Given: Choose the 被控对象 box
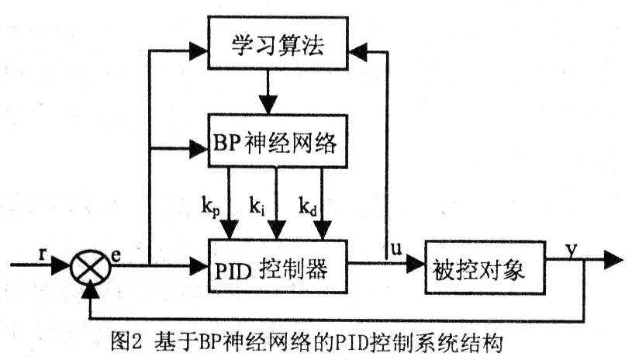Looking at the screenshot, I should [x=475, y=269].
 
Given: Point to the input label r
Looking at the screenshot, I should [x=40, y=253].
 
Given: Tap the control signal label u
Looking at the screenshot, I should [x=395, y=250].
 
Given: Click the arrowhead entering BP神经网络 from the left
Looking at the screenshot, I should [x=201, y=145].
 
